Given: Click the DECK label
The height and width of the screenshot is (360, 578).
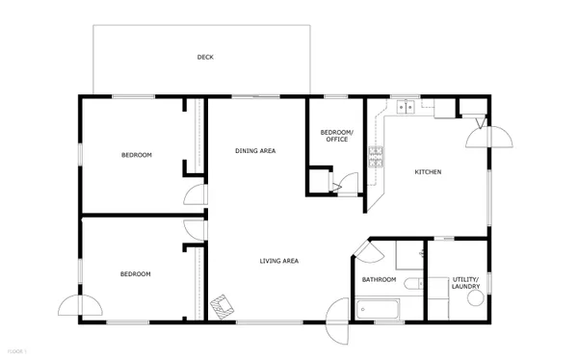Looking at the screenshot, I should pyautogui.click(x=205, y=58).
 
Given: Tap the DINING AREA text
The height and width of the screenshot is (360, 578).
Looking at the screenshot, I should pyautogui.click(x=256, y=151).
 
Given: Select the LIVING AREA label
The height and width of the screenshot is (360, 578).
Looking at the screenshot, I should pyautogui.click(x=278, y=261).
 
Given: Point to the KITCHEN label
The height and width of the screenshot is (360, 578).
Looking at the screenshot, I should pyautogui.click(x=428, y=172).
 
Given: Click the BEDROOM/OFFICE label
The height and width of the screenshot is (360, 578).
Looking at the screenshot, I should pyautogui.click(x=336, y=136).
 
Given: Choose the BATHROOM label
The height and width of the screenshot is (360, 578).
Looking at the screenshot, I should pyautogui.click(x=379, y=280).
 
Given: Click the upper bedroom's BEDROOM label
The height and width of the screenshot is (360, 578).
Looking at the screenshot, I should pyautogui.click(x=136, y=155).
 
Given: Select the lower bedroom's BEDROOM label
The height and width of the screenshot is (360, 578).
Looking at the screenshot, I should pyautogui.click(x=136, y=274).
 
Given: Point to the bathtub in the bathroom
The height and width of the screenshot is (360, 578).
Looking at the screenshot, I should pyautogui.click(x=375, y=311).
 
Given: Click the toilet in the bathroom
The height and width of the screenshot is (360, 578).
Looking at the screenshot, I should pyautogui.click(x=411, y=284).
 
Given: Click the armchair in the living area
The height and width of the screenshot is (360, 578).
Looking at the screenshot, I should pyautogui.click(x=223, y=306).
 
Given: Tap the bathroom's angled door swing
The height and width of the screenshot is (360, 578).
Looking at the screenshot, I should pyautogui.click(x=365, y=252).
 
